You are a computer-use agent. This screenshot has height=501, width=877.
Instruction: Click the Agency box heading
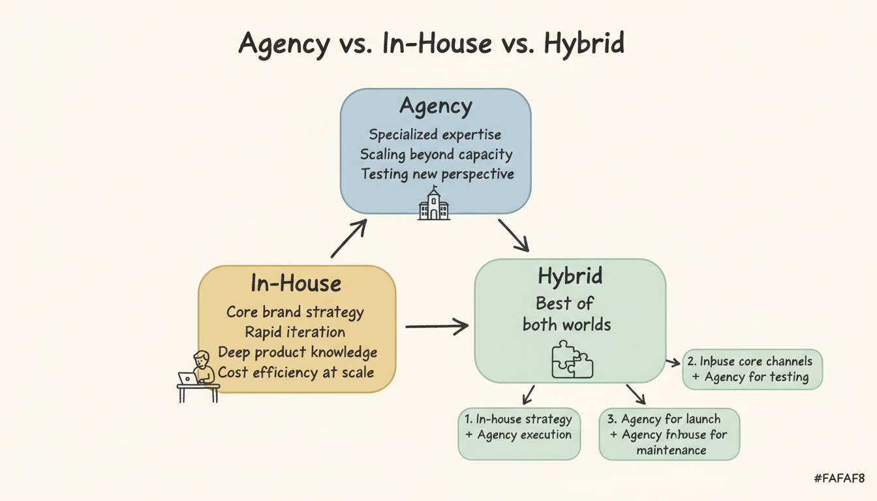pyautogui.click(x=435, y=106)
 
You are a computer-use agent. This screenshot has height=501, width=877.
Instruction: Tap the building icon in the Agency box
pyautogui.click(x=434, y=204)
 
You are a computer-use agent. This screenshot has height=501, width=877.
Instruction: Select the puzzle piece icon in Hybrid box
pyautogui.click(x=572, y=359)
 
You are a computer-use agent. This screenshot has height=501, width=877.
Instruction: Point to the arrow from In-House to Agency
pyautogui.click(x=348, y=238)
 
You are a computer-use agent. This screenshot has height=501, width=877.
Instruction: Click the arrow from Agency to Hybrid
pyautogui.click(x=514, y=235)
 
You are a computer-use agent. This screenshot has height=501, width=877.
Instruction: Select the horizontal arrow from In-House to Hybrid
pyautogui.click(x=437, y=326)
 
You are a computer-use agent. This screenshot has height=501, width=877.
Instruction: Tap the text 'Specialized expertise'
pyautogui.click(x=435, y=135)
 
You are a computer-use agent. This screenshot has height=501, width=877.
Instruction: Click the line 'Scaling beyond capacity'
pyautogui.click(x=436, y=155)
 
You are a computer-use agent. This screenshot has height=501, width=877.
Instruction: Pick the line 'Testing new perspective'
pyautogui.click(x=437, y=174)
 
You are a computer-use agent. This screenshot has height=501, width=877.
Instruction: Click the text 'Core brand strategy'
pyautogui.click(x=295, y=312)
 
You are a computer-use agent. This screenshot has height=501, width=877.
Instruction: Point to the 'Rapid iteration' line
pyautogui.click(x=295, y=332)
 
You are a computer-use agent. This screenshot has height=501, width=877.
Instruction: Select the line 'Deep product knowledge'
pyautogui.click(x=298, y=352)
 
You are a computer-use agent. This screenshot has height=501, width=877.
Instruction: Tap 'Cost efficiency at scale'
pyautogui.click(x=296, y=372)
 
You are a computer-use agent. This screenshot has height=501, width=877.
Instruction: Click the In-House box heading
pyautogui.click(x=296, y=284)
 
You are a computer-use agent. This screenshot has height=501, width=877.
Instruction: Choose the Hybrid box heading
pyautogui.click(x=569, y=277)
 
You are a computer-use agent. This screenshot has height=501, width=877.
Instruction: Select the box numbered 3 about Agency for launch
pyautogui.click(x=669, y=434)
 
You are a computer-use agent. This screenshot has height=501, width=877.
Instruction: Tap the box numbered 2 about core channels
pyautogui.click(x=752, y=369)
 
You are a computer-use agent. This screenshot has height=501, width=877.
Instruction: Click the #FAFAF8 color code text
pyautogui.click(x=839, y=479)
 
